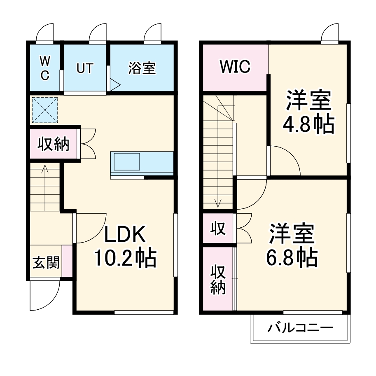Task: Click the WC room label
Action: [x=44, y=68]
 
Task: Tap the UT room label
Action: [x=85, y=68]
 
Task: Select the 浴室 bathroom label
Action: [x=142, y=68]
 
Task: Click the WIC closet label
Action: [x=235, y=67]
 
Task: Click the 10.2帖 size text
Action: [x=125, y=258]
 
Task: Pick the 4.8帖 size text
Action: [x=308, y=123]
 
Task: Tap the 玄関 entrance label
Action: [x=46, y=262]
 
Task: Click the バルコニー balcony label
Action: [x=300, y=328]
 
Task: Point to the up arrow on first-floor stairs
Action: [x=44, y=169]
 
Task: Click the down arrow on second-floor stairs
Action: [x=218, y=202]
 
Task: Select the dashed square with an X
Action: [x=45, y=110]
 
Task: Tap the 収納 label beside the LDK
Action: [x=54, y=144]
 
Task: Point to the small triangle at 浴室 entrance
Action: [x=115, y=85]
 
